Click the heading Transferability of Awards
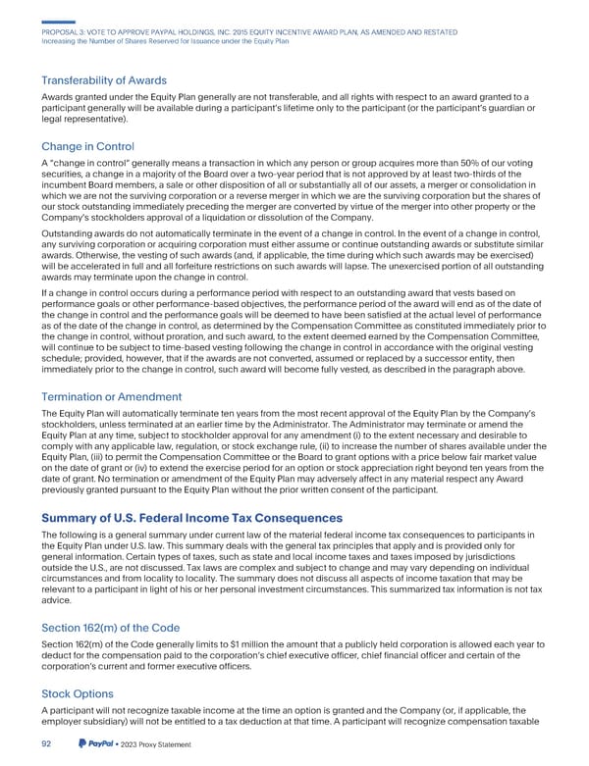click(x=110, y=80)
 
